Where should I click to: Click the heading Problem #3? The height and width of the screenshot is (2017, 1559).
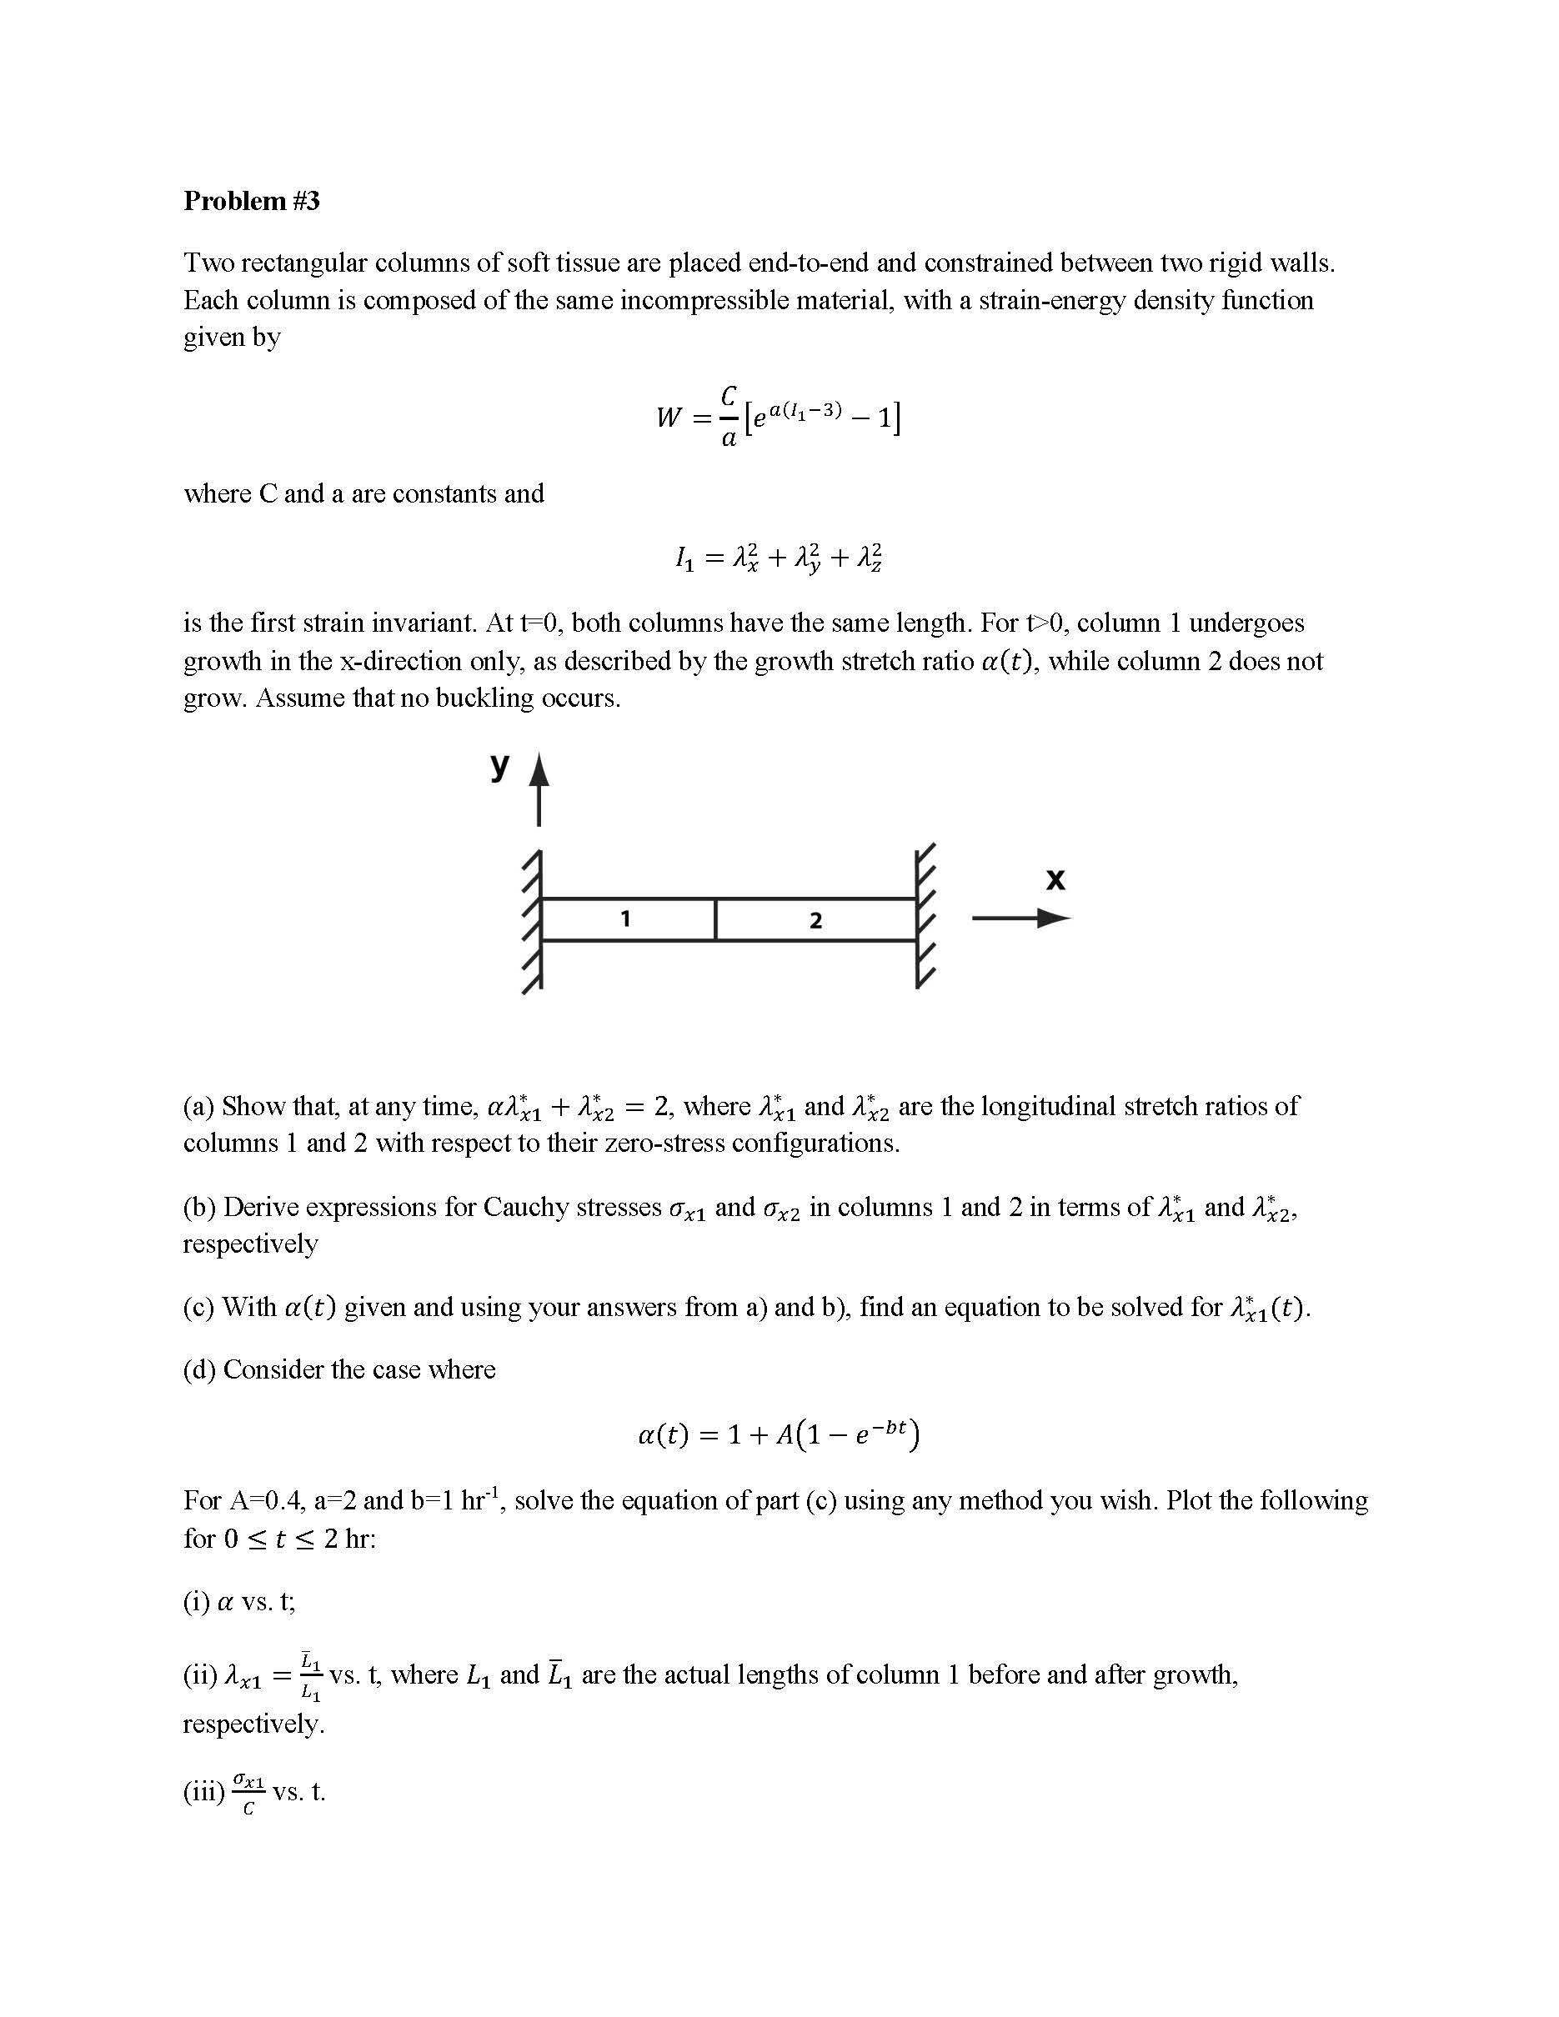point(251,200)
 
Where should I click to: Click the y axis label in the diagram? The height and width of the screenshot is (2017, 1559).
point(499,763)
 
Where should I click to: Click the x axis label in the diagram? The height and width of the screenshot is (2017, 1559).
point(1055,878)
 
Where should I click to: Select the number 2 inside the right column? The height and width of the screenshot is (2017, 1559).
point(815,920)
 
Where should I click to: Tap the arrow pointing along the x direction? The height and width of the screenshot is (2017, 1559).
point(1020,918)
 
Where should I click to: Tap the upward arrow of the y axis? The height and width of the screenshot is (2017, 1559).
point(539,789)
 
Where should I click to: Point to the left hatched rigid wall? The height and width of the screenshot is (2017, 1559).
point(532,920)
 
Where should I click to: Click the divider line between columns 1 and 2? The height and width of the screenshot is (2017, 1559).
point(716,919)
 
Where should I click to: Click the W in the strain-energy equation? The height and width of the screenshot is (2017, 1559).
point(669,418)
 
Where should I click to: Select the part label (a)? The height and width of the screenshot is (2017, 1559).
point(198,1105)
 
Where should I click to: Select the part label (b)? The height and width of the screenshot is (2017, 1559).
point(199,1207)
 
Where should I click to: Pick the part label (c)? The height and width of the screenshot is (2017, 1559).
point(198,1307)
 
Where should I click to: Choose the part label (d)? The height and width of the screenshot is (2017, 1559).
point(199,1369)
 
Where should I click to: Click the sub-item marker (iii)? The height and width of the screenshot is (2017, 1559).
point(203,1792)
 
